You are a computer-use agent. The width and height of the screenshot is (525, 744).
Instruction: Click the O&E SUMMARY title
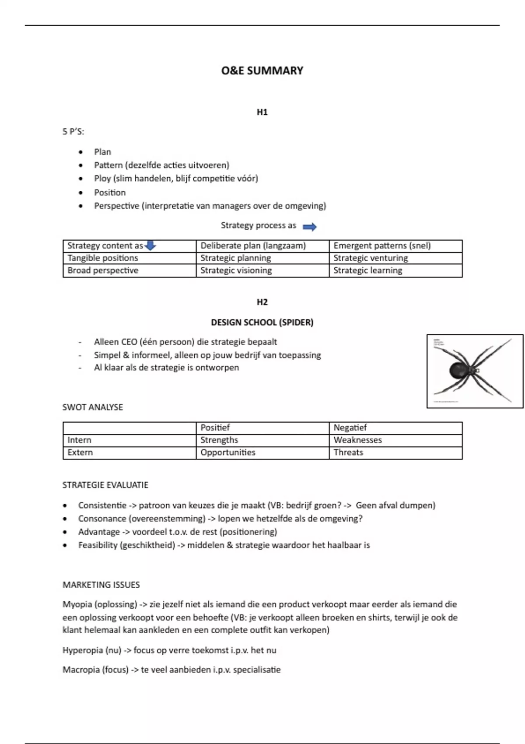click(x=262, y=70)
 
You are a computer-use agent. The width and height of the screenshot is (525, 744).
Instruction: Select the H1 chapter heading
click(x=262, y=112)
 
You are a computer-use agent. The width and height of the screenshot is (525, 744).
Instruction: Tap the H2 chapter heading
click(x=262, y=302)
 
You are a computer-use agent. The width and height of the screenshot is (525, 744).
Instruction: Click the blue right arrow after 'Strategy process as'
click(x=310, y=227)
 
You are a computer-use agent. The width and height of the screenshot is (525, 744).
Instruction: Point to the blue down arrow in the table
click(x=150, y=246)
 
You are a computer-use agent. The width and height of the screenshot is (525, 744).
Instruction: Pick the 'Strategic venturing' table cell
click(x=371, y=258)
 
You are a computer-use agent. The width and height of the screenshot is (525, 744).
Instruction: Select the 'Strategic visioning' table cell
click(x=236, y=270)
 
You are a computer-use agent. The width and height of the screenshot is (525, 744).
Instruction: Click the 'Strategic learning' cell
click(x=367, y=270)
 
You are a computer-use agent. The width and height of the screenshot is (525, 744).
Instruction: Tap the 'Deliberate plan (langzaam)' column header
click(x=253, y=246)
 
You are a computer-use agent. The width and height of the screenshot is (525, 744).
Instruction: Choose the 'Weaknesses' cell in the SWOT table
click(x=357, y=440)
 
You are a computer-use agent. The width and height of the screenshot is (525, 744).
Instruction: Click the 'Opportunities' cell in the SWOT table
click(x=227, y=453)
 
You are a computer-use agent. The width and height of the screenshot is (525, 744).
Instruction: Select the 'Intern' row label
click(x=79, y=440)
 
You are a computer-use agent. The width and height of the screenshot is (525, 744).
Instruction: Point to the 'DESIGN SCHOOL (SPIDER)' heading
click(x=262, y=323)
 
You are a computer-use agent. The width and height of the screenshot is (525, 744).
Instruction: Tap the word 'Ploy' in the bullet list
click(x=102, y=179)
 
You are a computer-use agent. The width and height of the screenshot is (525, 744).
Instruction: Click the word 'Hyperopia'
click(x=82, y=650)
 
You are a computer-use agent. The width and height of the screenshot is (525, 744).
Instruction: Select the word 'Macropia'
click(x=81, y=670)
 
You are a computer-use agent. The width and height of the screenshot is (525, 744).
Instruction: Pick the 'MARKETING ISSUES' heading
click(x=101, y=585)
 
